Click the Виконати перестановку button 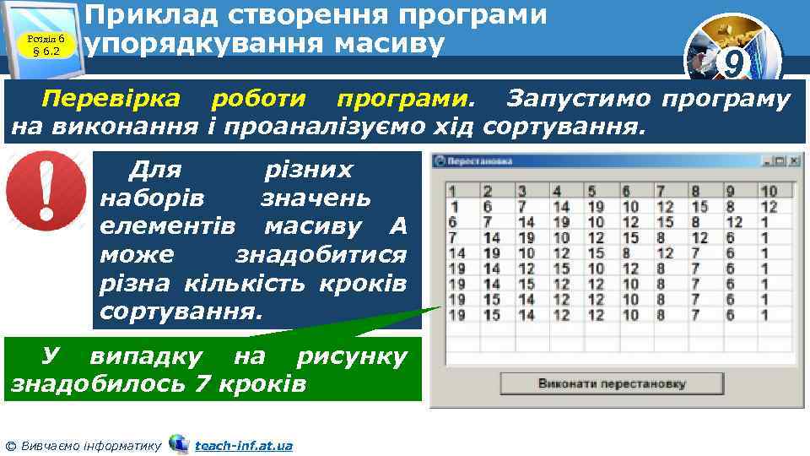(x=613, y=383)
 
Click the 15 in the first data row (x=699, y=206)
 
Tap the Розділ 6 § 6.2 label (x=47, y=45)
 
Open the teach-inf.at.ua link (x=243, y=445)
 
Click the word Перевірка (x=111, y=100)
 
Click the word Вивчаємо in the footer (x=50, y=445)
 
